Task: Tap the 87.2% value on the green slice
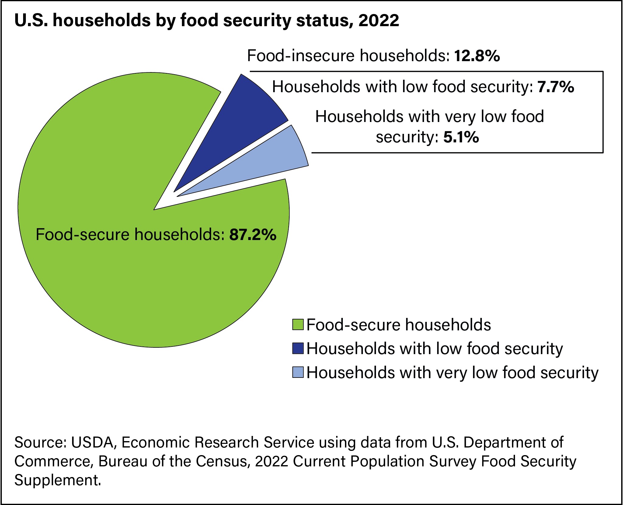click(253, 235)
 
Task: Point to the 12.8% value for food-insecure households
click(477, 56)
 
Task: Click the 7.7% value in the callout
click(556, 87)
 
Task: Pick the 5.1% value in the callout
click(461, 137)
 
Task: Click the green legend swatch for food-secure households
click(298, 325)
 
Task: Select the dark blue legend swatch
click(298, 348)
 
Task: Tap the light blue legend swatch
click(298, 372)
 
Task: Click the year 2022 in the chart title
click(379, 20)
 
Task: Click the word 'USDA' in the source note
click(92, 442)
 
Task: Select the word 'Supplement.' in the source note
click(57, 480)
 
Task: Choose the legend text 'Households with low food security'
click(435, 349)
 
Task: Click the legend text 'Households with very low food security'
click(452, 373)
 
